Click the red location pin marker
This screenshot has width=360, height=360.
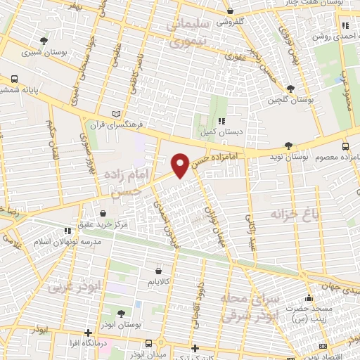point(180,165)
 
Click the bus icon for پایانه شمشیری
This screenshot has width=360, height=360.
point(15,79)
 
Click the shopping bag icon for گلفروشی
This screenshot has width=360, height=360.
point(231,11)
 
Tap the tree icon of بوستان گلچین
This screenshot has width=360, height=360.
point(290,89)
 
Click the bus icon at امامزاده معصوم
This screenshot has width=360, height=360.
point(345,146)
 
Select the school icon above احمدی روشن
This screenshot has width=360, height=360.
point(345,26)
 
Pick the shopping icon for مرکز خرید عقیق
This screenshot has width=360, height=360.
point(103,213)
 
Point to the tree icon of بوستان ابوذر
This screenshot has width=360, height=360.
point(121,314)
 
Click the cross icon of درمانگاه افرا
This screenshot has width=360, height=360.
point(87,333)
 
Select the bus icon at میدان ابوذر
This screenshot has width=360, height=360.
point(148,343)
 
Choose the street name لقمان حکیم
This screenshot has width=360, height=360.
point(51,141)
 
